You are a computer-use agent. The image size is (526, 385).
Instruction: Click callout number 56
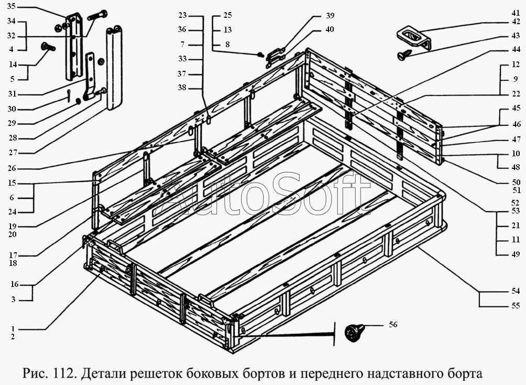(393, 325)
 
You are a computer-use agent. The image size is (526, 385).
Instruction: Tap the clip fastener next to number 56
(355, 333)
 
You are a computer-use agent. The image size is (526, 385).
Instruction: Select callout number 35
(11, 6)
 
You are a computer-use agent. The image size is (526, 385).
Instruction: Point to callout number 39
(330, 15)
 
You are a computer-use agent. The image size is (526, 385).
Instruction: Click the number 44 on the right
(516, 50)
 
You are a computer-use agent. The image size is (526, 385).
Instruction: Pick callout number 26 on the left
(12, 168)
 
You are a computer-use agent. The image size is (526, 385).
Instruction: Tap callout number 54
(516, 291)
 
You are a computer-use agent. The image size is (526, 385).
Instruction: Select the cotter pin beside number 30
(68, 96)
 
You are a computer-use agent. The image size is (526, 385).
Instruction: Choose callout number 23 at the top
(182, 15)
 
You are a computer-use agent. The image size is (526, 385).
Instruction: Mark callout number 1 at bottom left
(13, 328)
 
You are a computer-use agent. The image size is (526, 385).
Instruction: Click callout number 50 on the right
(516, 182)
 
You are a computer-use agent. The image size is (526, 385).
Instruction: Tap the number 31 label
(12, 94)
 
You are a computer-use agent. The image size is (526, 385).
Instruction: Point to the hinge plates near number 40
(276, 57)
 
